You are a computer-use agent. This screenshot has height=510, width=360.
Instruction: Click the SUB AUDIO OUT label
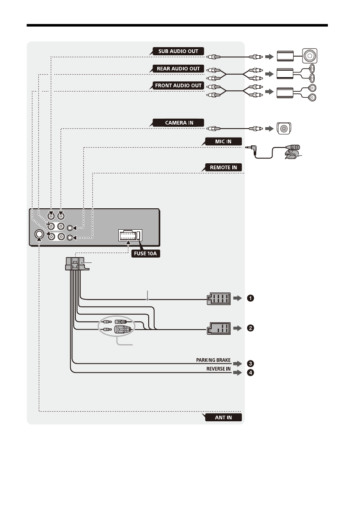click(x=178, y=51)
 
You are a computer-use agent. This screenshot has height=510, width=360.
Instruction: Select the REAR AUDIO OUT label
click(x=178, y=69)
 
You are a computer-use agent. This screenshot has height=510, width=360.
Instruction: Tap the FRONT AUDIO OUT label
click(x=178, y=86)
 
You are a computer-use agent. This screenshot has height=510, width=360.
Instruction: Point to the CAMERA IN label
click(x=179, y=123)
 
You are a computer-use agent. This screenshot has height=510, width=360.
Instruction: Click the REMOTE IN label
click(x=222, y=167)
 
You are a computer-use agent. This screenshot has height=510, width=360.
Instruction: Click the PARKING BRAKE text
click(x=213, y=360)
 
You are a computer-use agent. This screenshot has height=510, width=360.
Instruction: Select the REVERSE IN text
click(x=216, y=369)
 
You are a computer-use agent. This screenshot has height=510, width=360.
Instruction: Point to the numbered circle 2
click(x=251, y=329)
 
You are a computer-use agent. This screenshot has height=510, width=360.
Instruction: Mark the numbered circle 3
click(x=251, y=363)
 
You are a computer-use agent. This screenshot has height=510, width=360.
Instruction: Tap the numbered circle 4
click(x=251, y=372)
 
